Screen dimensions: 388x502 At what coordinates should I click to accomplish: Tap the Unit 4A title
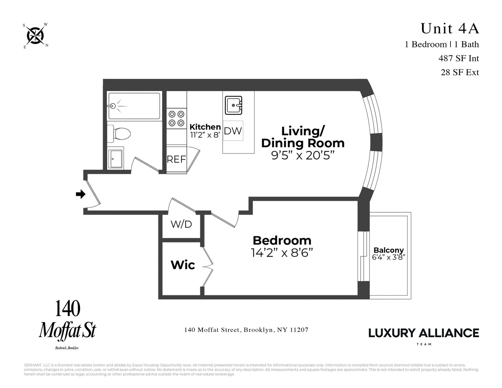[450, 28]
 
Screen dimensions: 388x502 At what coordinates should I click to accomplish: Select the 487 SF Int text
[459, 58]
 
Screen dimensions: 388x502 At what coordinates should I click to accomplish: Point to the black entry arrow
[80, 194]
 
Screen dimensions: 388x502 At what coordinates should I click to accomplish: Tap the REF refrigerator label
[176, 159]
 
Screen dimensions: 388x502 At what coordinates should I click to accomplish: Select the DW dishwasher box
[233, 131]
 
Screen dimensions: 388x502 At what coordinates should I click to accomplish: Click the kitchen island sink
[234, 105]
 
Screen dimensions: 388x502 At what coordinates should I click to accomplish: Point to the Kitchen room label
[205, 127]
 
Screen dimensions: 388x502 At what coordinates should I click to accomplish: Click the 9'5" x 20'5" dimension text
[303, 155]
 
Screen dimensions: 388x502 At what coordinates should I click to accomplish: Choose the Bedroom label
[282, 240]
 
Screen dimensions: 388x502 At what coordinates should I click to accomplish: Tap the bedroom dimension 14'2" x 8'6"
[282, 253]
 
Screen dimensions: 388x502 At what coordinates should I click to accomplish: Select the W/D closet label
[181, 224]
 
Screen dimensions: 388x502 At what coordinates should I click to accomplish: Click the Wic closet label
[183, 265]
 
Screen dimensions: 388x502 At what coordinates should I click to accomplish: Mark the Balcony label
[388, 250]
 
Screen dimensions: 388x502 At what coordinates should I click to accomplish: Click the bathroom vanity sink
[115, 158]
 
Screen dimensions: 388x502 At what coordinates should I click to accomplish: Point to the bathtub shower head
[113, 106]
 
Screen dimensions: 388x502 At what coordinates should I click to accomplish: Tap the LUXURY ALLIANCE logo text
[423, 333]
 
